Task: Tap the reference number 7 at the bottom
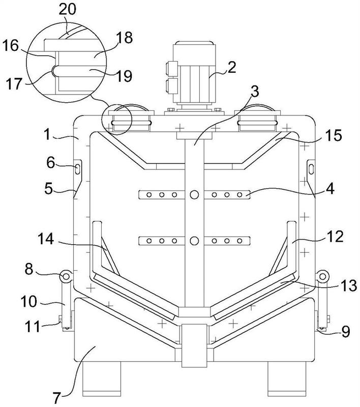click(57, 397)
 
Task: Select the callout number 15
click(333, 135)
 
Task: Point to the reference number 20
click(68, 10)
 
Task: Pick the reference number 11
click(33, 326)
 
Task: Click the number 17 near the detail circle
click(14, 84)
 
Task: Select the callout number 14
click(46, 239)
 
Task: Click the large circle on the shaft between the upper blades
click(194, 194)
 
